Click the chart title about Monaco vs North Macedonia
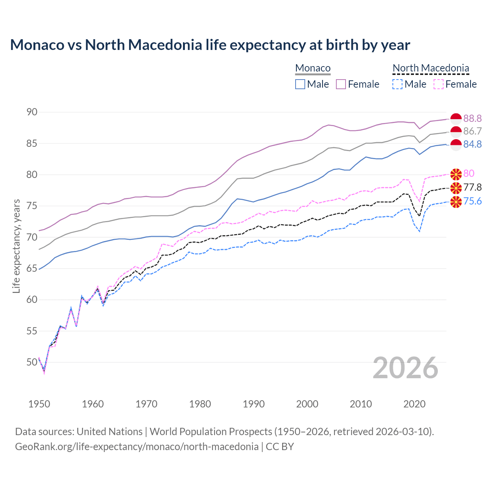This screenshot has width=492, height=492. (x=210, y=45)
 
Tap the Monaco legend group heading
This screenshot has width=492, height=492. (x=312, y=68)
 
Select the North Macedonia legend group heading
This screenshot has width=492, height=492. (x=430, y=68)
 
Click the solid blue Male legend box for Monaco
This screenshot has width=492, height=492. (x=300, y=84)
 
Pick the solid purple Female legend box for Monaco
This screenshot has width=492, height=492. (x=341, y=84)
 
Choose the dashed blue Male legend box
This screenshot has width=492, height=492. (x=397, y=84)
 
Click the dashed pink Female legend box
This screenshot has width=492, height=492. (x=438, y=84)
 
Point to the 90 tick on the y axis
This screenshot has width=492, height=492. (x=32, y=112)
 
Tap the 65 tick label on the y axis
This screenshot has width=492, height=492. (x=32, y=268)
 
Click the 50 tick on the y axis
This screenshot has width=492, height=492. (x=32, y=362)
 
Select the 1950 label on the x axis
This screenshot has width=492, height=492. (x=39, y=404)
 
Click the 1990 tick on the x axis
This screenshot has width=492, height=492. (x=253, y=404)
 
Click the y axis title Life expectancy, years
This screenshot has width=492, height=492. (x=17, y=246)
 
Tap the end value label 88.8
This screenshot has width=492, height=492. (x=472, y=118)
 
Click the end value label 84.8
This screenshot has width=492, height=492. (x=472, y=144)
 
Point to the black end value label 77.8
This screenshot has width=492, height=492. (x=472, y=188)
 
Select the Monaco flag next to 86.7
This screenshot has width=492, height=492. (x=456, y=131)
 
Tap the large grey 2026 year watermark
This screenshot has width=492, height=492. (x=405, y=368)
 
